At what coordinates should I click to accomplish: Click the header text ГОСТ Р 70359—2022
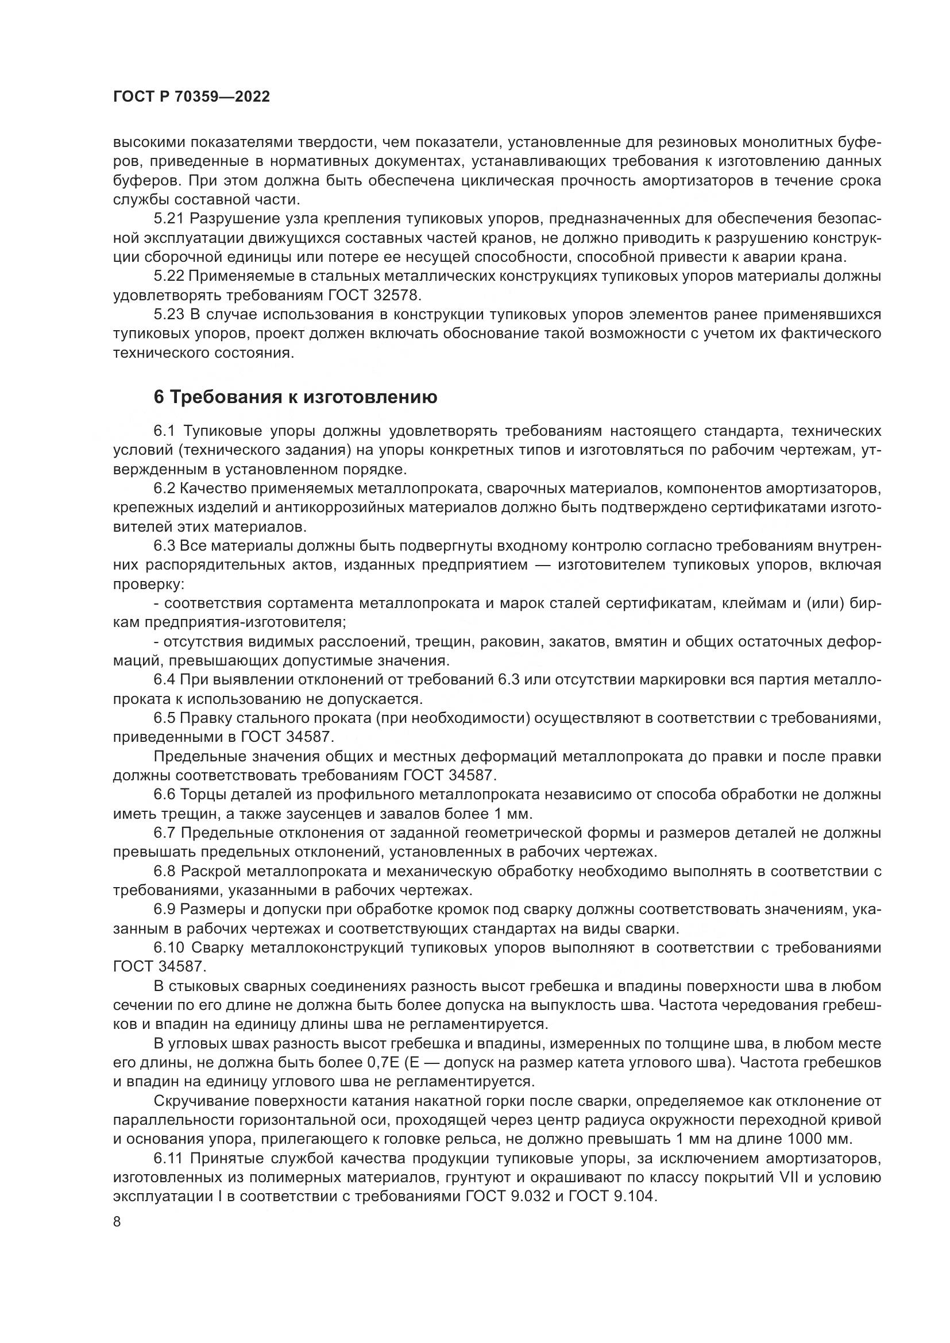tap(191, 97)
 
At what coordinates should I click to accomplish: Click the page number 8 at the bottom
tap(117, 1221)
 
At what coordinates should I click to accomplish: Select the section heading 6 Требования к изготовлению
tap(295, 397)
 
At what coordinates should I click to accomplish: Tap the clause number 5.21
tap(169, 219)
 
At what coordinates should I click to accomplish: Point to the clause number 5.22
tap(169, 276)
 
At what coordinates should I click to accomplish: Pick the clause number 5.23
tap(169, 315)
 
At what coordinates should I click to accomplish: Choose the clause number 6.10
tap(169, 947)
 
